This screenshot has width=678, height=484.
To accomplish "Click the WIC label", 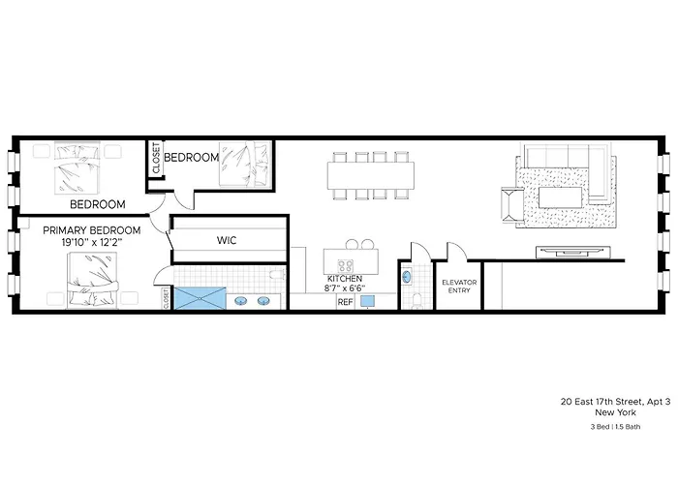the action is tap(227, 240).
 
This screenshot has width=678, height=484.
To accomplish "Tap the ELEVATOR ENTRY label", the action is tap(459, 287).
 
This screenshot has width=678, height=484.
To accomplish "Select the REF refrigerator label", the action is tap(345, 302).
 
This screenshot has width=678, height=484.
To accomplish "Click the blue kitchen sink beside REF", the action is tap(367, 301).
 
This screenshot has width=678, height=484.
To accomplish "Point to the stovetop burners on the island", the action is tap(345, 265).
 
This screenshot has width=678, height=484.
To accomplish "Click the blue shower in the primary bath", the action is tap(200, 298).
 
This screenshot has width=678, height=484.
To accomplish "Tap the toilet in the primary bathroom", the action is tap(277, 275).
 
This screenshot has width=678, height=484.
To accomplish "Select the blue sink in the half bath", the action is tap(407, 277).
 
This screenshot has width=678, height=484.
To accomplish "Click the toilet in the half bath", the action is tap(417, 300).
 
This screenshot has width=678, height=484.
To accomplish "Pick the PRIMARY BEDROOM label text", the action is tap(92, 230).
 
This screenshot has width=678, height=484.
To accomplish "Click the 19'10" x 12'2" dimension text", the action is tap(92, 242).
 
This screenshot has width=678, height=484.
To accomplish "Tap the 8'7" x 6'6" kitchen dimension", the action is tap(345, 288).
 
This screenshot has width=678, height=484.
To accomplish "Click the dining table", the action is tap(371, 175).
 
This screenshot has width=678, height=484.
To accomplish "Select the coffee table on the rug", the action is tap(561, 197).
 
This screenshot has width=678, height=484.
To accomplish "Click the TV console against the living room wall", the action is tap(573, 252).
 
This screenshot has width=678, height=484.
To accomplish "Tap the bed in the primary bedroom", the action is tap(93, 280).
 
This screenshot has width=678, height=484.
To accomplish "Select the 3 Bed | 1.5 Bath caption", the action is tap(615, 427).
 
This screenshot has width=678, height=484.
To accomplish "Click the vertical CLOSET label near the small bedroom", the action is tap(156, 158).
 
